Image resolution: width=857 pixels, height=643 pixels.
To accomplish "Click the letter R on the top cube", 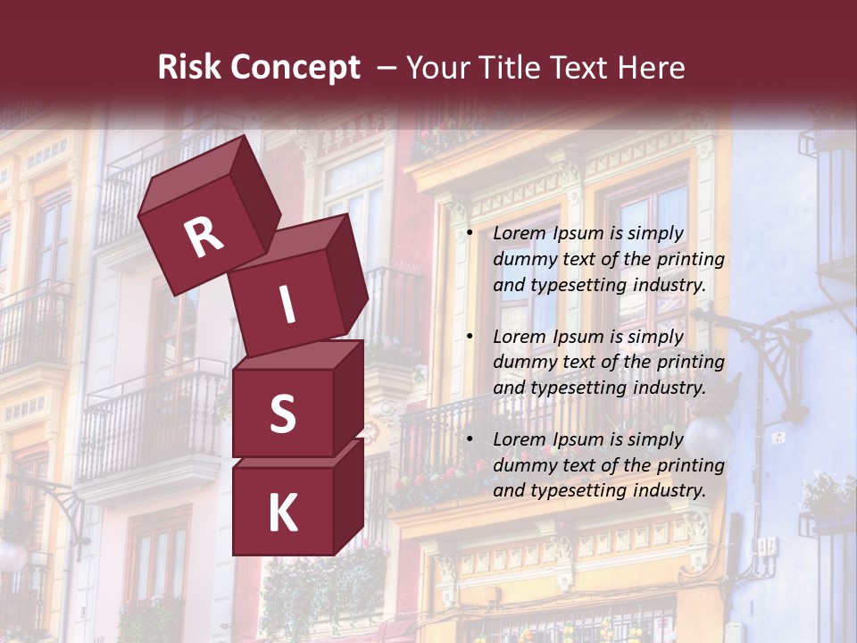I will point(204,238).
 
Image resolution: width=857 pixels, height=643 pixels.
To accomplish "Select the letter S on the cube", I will point(282,413).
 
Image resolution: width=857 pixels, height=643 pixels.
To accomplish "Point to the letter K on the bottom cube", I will point(282,514).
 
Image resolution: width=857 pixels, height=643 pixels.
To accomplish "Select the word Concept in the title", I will point(296,68).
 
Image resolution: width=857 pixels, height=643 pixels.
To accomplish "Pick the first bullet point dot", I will point(469,234).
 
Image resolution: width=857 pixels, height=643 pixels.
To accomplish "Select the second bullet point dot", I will point(469,338).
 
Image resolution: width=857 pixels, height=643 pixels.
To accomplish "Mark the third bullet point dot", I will point(469,440).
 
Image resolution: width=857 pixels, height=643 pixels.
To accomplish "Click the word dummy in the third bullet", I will point(522,465).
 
